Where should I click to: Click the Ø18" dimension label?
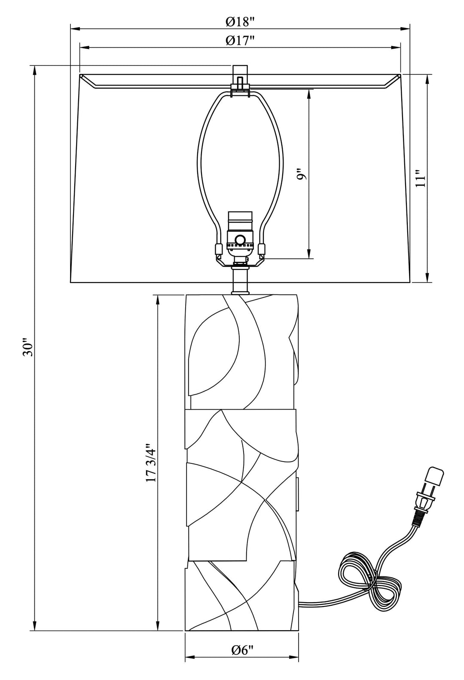pos(240,21)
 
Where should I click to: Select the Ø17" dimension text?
pos(240,40)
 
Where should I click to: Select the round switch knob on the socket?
pos(240,239)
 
